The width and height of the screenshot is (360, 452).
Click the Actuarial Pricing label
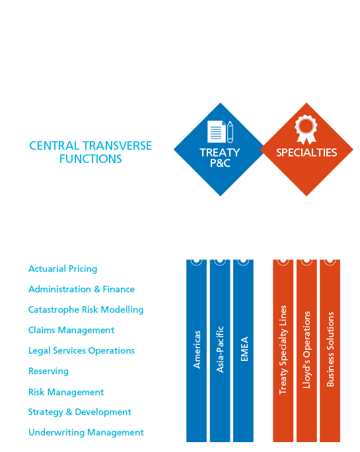(63, 269)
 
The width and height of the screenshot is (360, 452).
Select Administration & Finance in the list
(82, 289)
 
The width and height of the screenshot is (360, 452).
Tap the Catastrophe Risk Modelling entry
(86, 310)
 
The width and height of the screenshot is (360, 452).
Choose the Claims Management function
(71, 331)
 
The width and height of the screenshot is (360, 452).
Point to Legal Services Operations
(82, 351)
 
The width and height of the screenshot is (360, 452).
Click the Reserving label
(48, 371)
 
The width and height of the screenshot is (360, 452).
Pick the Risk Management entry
(66, 392)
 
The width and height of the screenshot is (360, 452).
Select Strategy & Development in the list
(80, 412)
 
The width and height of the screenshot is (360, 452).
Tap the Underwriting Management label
(86, 432)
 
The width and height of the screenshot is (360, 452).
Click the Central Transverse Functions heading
(90, 152)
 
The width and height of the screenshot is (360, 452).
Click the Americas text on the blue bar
(197, 350)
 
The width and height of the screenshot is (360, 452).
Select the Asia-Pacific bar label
(220, 349)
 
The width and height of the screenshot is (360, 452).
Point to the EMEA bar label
(244, 349)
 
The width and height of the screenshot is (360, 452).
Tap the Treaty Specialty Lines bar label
(283, 350)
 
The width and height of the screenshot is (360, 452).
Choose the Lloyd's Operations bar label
(306, 350)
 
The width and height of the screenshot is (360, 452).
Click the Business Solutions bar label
(330, 349)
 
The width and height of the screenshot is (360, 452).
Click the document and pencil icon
(220, 132)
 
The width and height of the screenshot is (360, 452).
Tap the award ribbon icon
(306, 129)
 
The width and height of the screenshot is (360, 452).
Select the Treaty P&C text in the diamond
(220, 158)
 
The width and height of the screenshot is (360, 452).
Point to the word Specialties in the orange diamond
(306, 152)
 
